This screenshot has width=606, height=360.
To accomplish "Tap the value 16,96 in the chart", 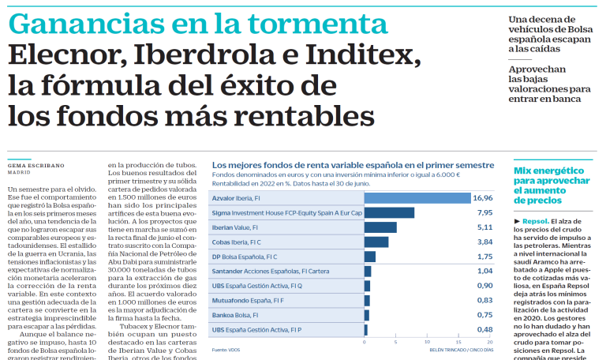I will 483,197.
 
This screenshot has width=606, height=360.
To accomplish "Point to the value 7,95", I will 484,212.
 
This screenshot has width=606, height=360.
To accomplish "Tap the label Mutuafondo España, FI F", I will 248,300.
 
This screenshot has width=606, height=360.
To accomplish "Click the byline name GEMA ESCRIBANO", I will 36,165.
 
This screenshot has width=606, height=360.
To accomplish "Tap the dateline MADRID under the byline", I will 20,172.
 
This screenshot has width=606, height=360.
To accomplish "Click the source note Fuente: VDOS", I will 226,349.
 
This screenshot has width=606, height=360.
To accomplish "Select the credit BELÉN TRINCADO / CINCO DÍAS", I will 461,349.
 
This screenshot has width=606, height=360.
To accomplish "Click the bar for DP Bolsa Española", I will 369,257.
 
